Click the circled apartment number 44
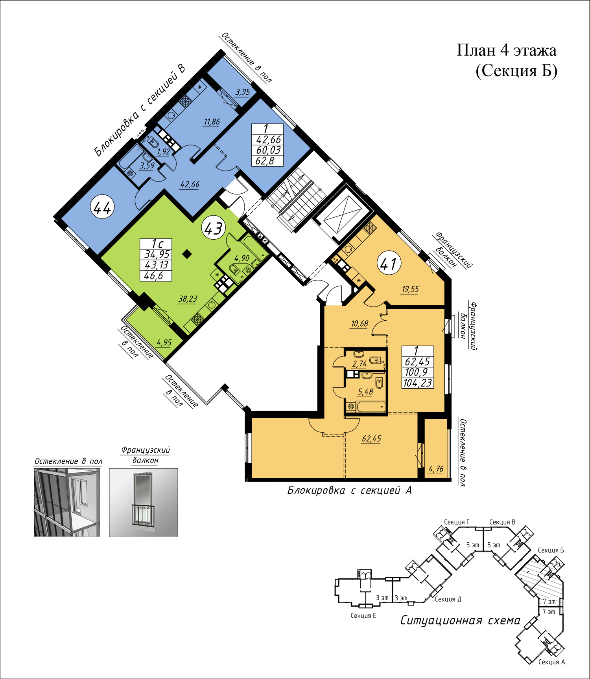(x=103, y=207)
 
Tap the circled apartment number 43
(x=214, y=228)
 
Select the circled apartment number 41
(x=389, y=264)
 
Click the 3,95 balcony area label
(x=243, y=92)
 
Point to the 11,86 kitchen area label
(x=212, y=122)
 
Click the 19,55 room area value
(x=410, y=290)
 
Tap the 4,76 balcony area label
(x=436, y=469)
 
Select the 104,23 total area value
(x=418, y=383)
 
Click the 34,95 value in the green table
(x=157, y=255)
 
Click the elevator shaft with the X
(x=339, y=215)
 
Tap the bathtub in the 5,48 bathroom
(x=371, y=406)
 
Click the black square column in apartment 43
(x=187, y=254)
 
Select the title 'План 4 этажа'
(x=507, y=50)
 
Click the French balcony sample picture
(x=144, y=502)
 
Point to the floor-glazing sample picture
(x=67, y=502)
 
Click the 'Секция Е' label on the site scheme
(x=363, y=615)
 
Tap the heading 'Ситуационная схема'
(x=460, y=620)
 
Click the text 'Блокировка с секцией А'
(x=349, y=490)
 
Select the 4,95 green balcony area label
(x=164, y=343)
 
